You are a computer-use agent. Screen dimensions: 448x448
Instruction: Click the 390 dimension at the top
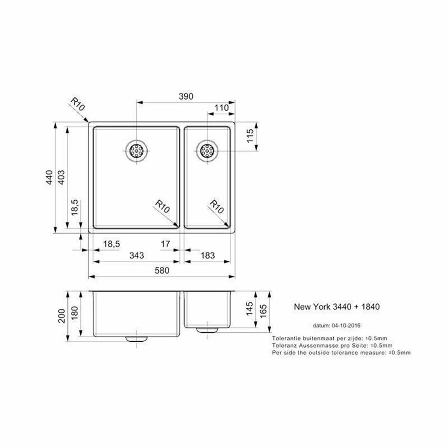point(186,96)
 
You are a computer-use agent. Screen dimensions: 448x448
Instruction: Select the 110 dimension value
point(222,108)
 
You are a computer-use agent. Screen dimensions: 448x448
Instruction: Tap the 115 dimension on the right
point(250,136)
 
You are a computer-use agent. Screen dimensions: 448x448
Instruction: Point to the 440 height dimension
point(49,177)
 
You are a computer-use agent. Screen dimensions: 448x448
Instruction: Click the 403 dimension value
point(61,177)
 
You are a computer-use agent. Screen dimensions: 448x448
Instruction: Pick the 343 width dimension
point(137,255)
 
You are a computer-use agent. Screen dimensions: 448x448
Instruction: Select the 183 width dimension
point(208,255)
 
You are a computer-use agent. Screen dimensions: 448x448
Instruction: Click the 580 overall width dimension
point(162,270)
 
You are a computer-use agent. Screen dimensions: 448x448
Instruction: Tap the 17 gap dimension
point(165,244)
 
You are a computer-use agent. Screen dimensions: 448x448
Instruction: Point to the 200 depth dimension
point(61,316)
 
